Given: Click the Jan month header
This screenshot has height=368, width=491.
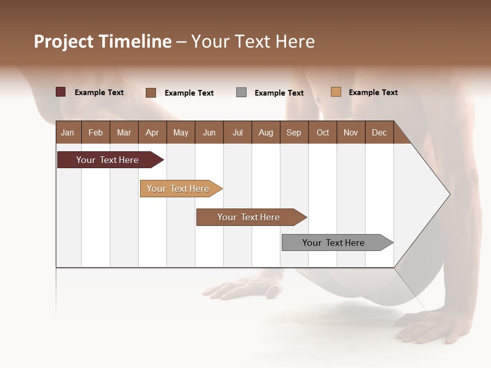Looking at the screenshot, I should click(68, 132).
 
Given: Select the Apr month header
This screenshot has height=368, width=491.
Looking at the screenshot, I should click(152, 132).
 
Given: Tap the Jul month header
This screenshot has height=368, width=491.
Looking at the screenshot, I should click(237, 132).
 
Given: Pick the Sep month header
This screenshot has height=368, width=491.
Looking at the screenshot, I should click(294, 132).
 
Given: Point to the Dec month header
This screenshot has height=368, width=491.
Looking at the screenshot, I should click(379, 132).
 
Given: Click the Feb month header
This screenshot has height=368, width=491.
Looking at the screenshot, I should click(96, 132).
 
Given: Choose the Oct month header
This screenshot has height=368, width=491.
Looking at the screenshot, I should click(323, 132).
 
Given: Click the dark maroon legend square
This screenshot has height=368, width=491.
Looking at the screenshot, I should click(61, 92).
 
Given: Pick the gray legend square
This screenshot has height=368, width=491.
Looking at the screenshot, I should click(241, 93).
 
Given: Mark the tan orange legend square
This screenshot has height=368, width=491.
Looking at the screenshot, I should click(336, 92).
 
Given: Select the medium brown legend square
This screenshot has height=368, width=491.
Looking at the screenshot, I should click(151, 93).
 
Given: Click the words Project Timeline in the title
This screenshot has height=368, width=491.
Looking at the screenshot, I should click(102, 41).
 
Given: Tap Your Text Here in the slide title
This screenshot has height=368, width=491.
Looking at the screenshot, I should click(253, 41).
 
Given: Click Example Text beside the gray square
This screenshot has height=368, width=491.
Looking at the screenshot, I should click(279, 93).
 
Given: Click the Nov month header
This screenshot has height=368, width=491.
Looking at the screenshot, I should click(350, 132).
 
